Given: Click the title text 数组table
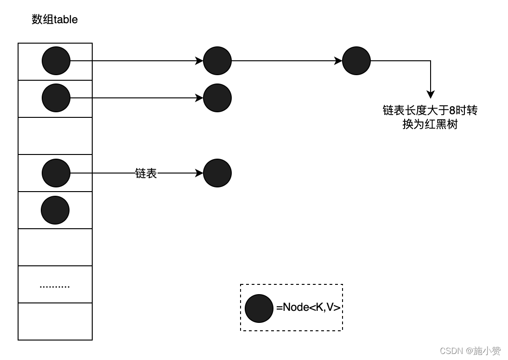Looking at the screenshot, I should click(x=55, y=19).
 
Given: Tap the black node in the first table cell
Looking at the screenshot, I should click(x=56, y=61).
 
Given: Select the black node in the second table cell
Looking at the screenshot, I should click(x=56, y=98).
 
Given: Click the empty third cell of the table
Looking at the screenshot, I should click(x=55, y=136).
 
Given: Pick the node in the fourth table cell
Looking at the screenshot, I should click(x=56, y=173).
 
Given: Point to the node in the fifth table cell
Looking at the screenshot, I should click(x=55, y=210).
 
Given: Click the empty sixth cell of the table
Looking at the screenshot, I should click(x=55, y=247).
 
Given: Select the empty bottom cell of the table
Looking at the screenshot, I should click(x=55, y=321).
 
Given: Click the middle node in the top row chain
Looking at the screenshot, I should click(x=217, y=61).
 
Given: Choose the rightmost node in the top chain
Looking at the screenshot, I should click(x=356, y=61).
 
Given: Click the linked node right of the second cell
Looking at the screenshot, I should click(x=217, y=98).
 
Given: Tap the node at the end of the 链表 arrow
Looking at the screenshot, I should click(x=217, y=173).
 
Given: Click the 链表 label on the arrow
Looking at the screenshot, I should click(x=146, y=174).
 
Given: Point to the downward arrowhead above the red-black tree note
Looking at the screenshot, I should click(x=431, y=95).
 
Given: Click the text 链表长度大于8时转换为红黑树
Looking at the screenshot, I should click(x=430, y=117).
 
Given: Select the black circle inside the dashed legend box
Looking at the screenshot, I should click(x=259, y=309).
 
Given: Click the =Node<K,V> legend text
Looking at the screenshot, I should click(x=308, y=307).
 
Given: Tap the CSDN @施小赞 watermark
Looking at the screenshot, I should click(x=470, y=351).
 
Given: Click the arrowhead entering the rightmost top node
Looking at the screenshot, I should click(x=339, y=61).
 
